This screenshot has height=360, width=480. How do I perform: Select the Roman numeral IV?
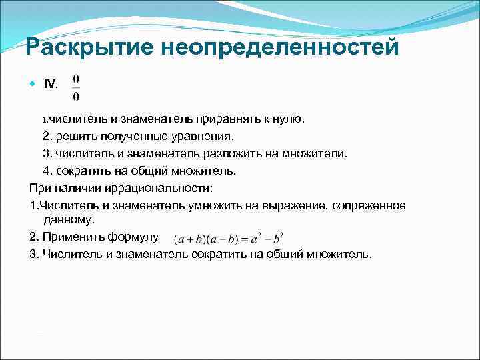(51, 84)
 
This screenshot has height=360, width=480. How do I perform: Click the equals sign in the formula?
(245, 239)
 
